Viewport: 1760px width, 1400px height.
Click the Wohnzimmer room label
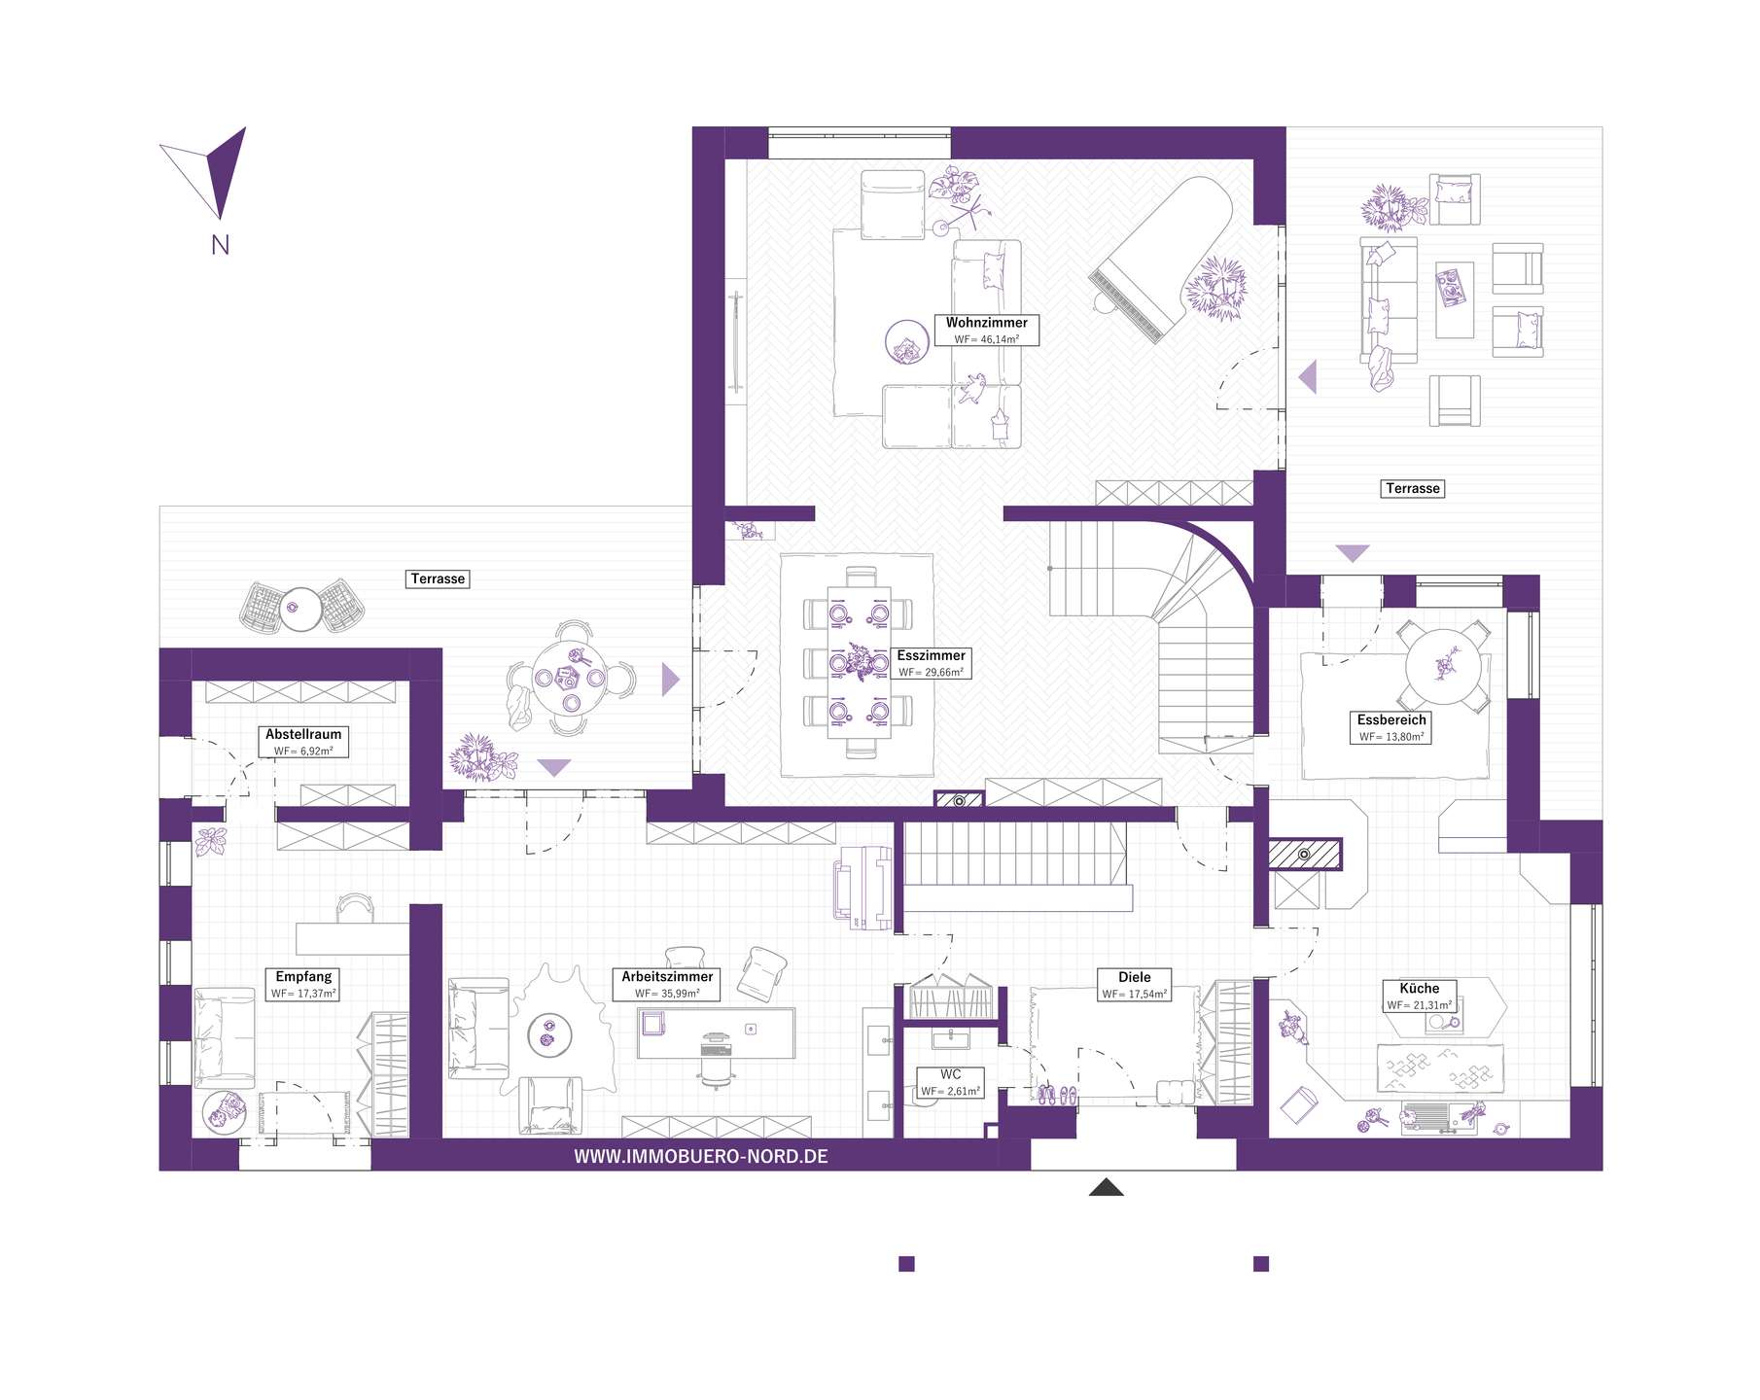point(986,323)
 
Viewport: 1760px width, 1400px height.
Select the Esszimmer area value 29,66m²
point(931,672)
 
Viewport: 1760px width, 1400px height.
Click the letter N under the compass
point(221,245)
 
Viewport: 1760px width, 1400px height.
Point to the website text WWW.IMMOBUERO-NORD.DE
point(701,1156)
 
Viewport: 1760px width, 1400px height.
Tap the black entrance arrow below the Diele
point(1106,1186)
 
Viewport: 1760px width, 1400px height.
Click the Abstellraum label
point(303,735)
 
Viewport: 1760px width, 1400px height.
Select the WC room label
point(951,1074)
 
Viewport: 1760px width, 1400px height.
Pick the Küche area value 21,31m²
point(1420,1005)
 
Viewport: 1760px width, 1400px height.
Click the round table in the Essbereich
point(1447,666)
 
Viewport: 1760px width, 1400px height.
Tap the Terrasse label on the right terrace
point(1413,488)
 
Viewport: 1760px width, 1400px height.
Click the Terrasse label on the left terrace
point(439,578)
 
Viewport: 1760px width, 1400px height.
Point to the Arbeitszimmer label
point(668,977)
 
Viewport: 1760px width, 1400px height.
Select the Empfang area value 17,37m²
point(303,994)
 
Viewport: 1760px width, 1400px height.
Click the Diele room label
point(1135,977)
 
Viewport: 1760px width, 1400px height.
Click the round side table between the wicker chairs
point(300,610)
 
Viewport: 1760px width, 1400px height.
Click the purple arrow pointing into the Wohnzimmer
point(1308,376)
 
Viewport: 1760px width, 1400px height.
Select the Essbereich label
point(1391,720)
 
